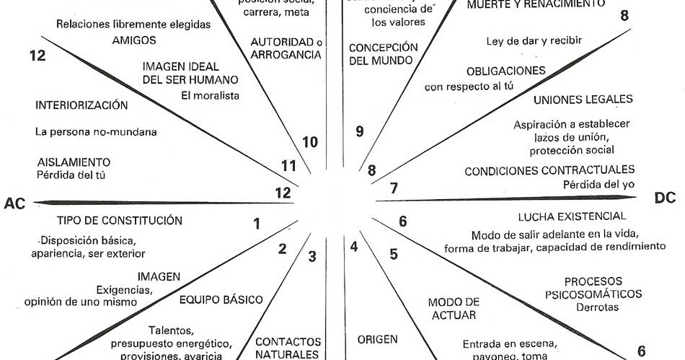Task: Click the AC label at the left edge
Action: tap(15, 203)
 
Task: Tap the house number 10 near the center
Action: tap(310, 142)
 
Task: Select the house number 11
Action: tap(288, 166)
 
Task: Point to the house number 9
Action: tap(359, 131)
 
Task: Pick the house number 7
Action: tap(394, 189)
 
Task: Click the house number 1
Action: tap(257, 224)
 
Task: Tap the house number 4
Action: tap(354, 247)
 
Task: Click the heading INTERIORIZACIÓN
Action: tap(81, 105)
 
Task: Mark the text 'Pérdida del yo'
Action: tap(599, 184)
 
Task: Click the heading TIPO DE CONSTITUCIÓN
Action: tap(119, 220)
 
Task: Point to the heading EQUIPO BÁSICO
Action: tap(221, 300)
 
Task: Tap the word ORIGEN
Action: tap(377, 338)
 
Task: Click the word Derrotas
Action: tap(597, 307)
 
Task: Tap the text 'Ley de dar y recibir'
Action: tap(534, 40)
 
